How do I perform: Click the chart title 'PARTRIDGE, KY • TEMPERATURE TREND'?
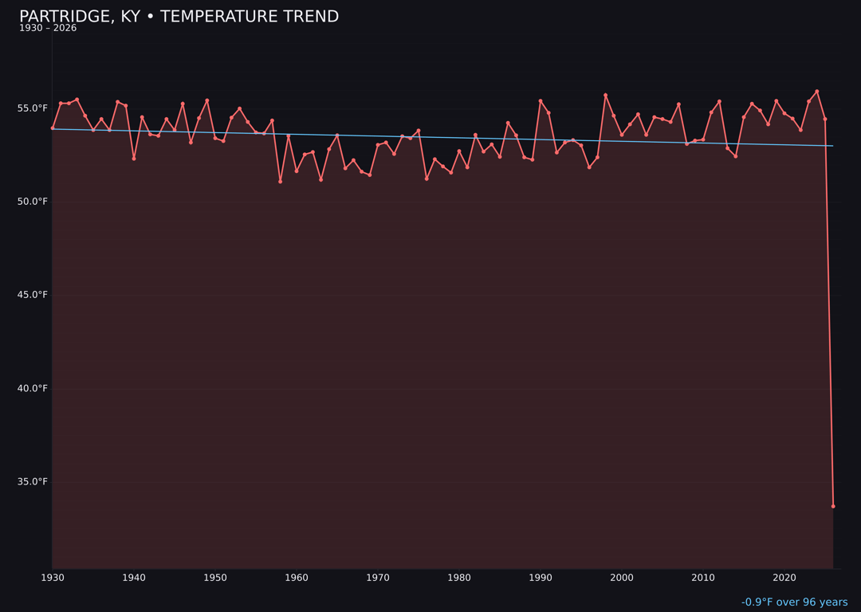pyautogui.click(x=179, y=17)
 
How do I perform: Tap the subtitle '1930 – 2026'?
pyautogui.click(x=48, y=29)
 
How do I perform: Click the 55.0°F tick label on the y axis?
pyautogui.click(x=33, y=108)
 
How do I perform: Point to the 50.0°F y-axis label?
pyautogui.click(x=33, y=202)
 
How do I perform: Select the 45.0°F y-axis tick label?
pyautogui.click(x=33, y=295)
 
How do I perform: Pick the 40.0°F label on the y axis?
pyautogui.click(x=33, y=388)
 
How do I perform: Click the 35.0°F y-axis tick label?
pyautogui.click(x=33, y=481)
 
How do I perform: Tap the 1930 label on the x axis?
pyautogui.click(x=53, y=578)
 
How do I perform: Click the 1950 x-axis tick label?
pyautogui.click(x=215, y=578)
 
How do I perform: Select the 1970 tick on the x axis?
pyautogui.click(x=378, y=578)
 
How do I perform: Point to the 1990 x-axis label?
pyautogui.click(x=541, y=578)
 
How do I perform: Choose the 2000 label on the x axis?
pyautogui.click(x=622, y=578)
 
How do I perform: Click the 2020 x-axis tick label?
pyautogui.click(x=784, y=578)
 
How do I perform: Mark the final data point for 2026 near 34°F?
pyautogui.click(x=833, y=506)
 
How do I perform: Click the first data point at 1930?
pyautogui.click(x=53, y=127)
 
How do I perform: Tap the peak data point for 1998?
pyautogui.click(x=605, y=95)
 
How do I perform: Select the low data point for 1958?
pyautogui.click(x=280, y=182)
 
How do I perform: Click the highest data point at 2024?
pyautogui.click(x=817, y=92)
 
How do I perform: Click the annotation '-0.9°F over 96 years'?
pyautogui.click(x=794, y=602)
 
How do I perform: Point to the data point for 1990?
pyautogui.click(x=541, y=101)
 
